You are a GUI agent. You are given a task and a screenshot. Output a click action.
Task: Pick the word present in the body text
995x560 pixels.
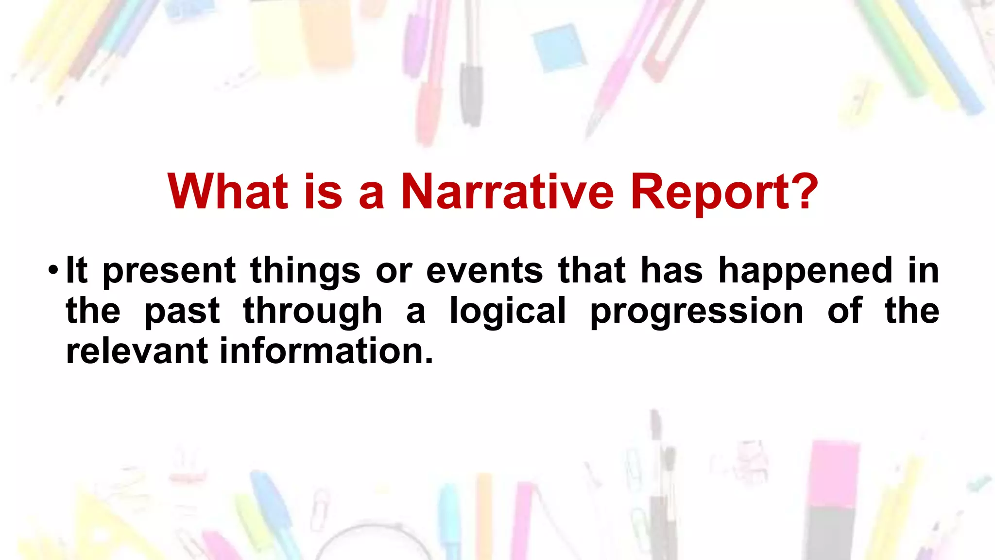[x=170, y=271]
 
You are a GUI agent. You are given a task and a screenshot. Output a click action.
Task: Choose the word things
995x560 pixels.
[x=305, y=271]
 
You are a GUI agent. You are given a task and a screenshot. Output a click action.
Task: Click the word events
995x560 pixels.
[x=484, y=270]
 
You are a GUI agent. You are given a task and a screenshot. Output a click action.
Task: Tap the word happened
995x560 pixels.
[x=806, y=271]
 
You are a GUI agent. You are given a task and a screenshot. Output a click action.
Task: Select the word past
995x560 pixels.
[x=182, y=312]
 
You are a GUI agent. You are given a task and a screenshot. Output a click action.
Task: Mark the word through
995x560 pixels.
[x=312, y=312]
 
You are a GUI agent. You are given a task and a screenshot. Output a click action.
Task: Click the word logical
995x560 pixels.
[x=508, y=312]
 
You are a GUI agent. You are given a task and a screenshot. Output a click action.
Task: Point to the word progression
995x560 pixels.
[x=697, y=312]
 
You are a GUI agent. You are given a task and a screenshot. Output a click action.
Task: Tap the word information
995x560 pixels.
[x=326, y=351]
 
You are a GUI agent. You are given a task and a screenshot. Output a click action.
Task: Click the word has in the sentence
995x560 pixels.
[x=672, y=270]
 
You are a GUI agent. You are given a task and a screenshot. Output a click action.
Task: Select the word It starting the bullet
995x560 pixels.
[x=77, y=270]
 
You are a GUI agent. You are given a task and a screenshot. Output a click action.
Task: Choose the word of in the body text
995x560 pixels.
[x=845, y=311]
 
